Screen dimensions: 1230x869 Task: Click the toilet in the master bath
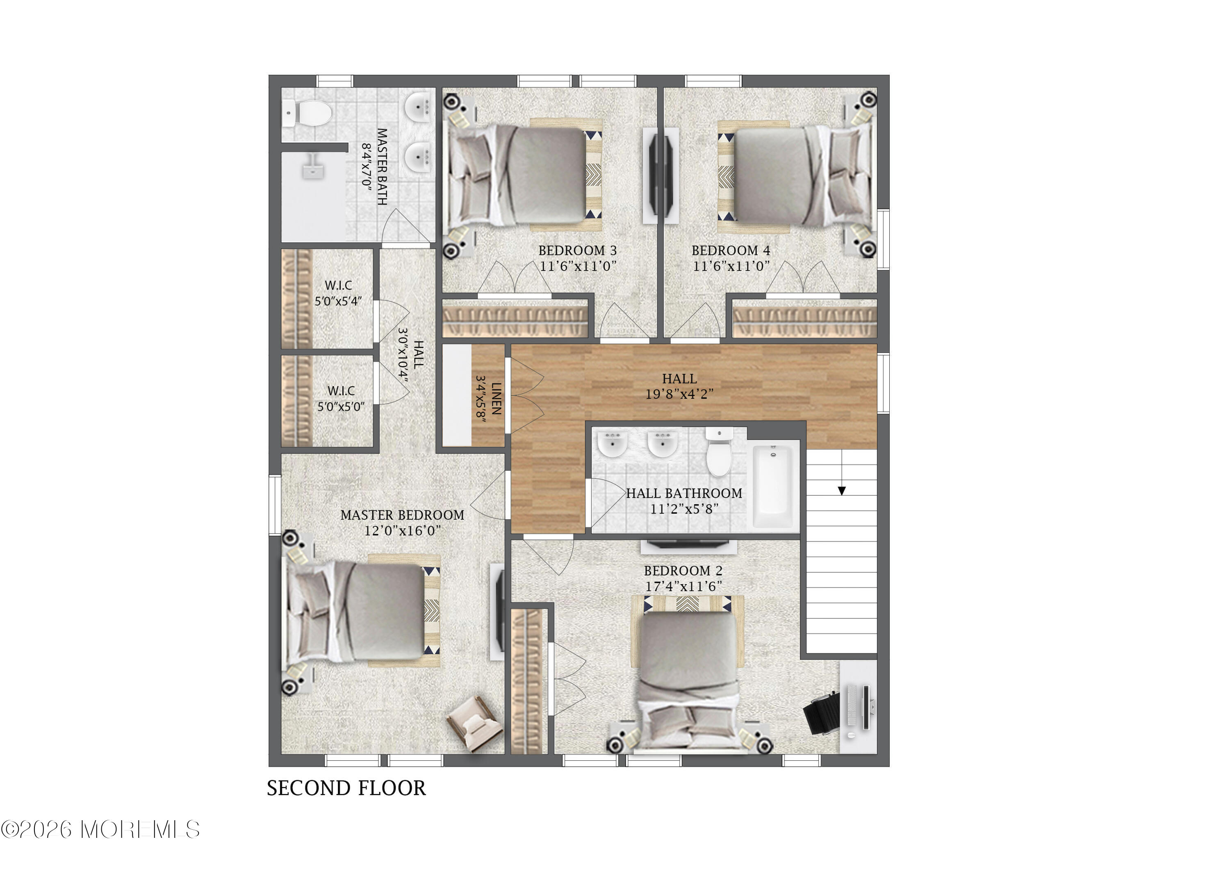tap(307, 113)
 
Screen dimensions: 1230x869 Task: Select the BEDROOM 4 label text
tap(731, 250)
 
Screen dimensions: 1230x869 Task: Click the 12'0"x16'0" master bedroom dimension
tap(402, 530)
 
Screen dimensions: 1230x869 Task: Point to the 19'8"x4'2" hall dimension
tap(679, 394)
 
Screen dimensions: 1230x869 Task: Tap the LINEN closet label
tap(497, 398)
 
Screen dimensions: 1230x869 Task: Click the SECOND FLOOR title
tap(346, 788)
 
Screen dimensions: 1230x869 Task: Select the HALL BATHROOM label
tap(684, 493)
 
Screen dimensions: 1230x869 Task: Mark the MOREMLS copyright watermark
tap(100, 830)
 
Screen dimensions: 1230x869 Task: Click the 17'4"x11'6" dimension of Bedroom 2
tap(683, 586)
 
